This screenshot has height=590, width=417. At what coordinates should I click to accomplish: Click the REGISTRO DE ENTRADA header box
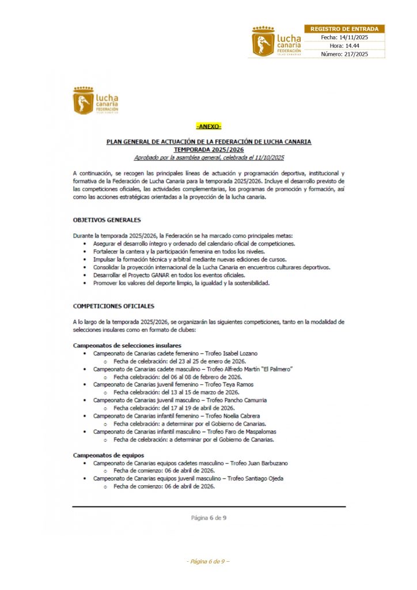tap(344, 29)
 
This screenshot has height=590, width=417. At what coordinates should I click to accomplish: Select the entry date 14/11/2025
tap(352, 37)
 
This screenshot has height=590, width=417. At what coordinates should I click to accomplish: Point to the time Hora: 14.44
tap(344, 46)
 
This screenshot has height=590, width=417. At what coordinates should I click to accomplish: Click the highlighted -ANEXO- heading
tap(208, 126)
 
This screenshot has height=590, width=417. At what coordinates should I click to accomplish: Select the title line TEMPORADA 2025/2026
tap(208, 149)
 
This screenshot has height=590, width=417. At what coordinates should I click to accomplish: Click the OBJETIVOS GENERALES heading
tap(107, 220)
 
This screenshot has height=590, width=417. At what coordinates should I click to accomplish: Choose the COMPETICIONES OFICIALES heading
tap(113, 306)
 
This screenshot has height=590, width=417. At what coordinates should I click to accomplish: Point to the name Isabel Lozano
tap(239, 353)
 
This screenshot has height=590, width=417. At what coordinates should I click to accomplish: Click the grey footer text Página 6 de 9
tap(208, 517)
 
